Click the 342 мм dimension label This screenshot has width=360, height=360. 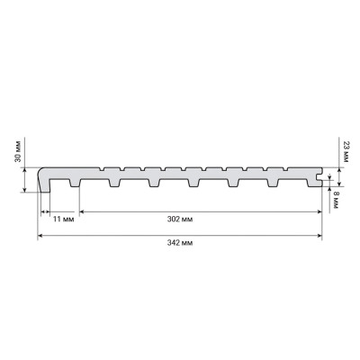click(x=180, y=243)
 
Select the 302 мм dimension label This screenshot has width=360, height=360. click(x=180, y=220)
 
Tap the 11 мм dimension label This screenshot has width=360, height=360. click(x=63, y=220)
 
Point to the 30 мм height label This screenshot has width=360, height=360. click(x=18, y=151)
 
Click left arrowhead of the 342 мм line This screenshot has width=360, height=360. click(x=40, y=236)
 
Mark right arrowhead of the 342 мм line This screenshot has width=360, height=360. click(x=319, y=236)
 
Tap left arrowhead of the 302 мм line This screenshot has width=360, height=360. click(x=82, y=211)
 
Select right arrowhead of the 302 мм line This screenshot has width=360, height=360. click(x=319, y=211)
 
